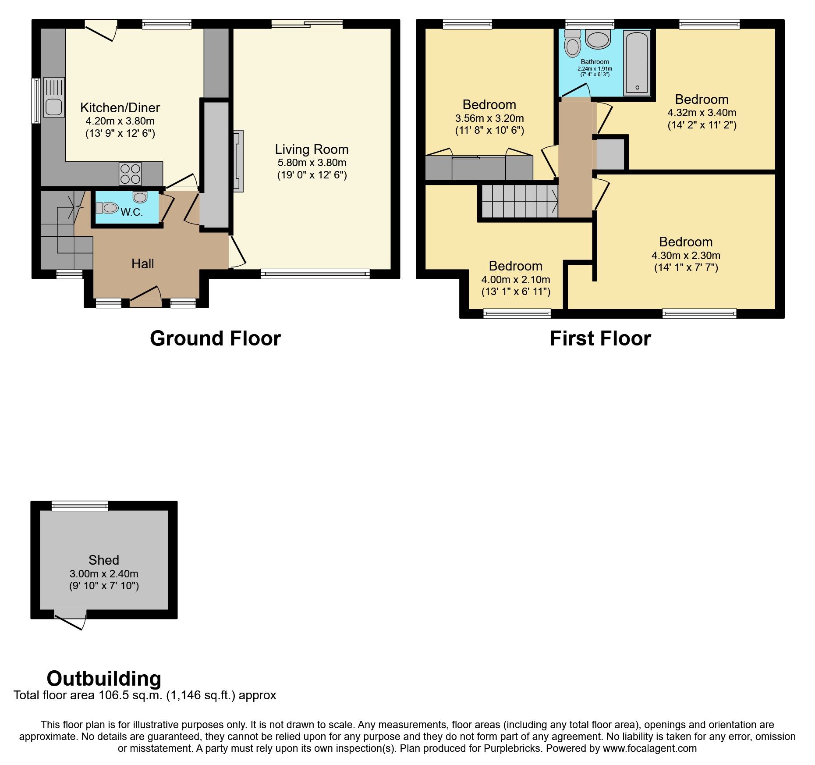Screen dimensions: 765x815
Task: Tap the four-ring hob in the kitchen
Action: pyautogui.click(x=131, y=174)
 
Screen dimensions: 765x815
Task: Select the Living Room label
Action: pyautogui.click(x=312, y=149)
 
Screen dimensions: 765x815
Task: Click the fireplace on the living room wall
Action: pyautogui.click(x=238, y=160)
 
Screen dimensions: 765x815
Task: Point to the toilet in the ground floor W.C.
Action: pyautogui.click(x=107, y=207)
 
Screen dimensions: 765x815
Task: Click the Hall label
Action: pyautogui.click(x=142, y=263)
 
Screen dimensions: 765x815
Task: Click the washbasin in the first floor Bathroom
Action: pyautogui.click(x=598, y=40)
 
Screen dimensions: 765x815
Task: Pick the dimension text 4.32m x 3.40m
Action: pyautogui.click(x=702, y=113)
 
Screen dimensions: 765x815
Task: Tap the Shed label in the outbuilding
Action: pyautogui.click(x=103, y=560)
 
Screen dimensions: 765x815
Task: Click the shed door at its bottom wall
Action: pyautogui.click(x=70, y=620)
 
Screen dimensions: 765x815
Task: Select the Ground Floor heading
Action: pyautogui.click(x=215, y=338)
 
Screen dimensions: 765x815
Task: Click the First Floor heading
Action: pyautogui.click(x=600, y=338)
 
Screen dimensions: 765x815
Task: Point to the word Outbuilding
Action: pyautogui.click(x=104, y=678)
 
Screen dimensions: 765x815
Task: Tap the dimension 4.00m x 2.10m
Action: pyautogui.click(x=515, y=279)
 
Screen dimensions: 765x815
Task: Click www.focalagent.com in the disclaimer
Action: pyautogui.click(x=649, y=748)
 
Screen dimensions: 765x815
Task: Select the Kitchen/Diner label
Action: pyautogui.click(x=120, y=107)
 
